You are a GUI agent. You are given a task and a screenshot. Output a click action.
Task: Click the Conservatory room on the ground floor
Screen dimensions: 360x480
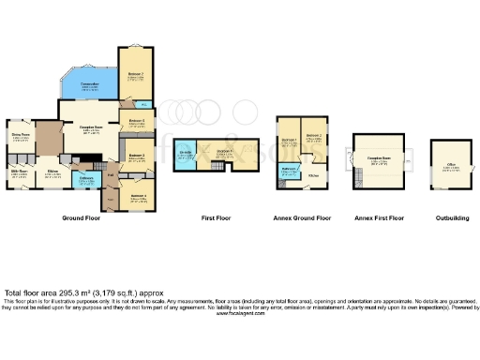pyautogui.click(x=90, y=88)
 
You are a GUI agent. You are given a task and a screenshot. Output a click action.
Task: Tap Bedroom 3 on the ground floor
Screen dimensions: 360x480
pyautogui.click(x=136, y=157)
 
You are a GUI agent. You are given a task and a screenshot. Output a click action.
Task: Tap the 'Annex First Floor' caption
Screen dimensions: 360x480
pyautogui.click(x=380, y=217)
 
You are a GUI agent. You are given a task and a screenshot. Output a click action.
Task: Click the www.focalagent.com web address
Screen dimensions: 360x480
pyautogui.click(x=240, y=315)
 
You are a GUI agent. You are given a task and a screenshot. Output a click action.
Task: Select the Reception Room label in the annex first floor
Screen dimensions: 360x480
pyautogui.click(x=380, y=160)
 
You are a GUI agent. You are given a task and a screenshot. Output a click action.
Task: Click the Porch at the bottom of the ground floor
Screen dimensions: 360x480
pyautogui.click(x=110, y=199)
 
